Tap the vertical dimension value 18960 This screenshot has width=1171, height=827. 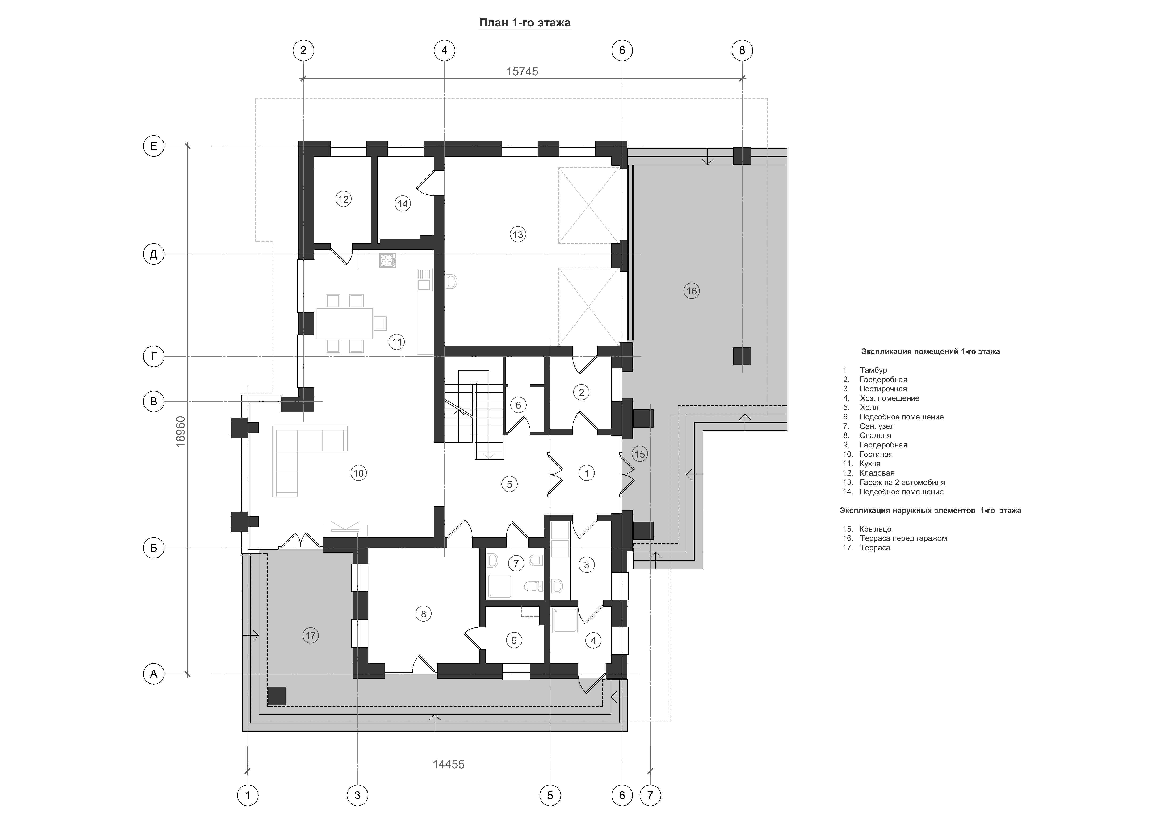180,432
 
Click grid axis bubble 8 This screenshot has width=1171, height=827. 742,50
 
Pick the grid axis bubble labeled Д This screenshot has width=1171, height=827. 154,254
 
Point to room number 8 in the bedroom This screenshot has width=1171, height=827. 423,614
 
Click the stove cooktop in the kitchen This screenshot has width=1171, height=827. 388,261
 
